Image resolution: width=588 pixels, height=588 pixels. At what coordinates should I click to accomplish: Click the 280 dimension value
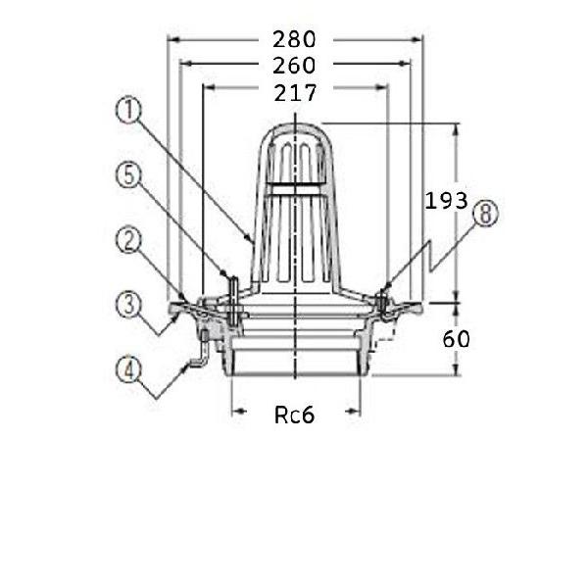coord(294,39)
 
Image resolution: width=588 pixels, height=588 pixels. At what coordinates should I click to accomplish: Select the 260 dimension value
coord(294,66)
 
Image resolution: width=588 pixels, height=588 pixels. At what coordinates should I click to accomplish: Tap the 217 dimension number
coord(296,93)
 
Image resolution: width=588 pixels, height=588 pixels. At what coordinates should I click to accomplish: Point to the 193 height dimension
coord(446,201)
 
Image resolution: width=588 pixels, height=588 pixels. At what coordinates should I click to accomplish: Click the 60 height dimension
coord(456,339)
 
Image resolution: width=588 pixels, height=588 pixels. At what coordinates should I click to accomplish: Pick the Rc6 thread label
coord(294,416)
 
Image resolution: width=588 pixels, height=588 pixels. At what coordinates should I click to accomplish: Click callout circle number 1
coord(128,111)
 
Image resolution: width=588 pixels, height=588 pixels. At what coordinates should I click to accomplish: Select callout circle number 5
coord(128,175)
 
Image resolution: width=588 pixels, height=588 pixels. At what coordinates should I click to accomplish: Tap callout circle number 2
coord(128,240)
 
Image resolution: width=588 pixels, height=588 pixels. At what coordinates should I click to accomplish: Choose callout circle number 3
coord(128,304)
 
